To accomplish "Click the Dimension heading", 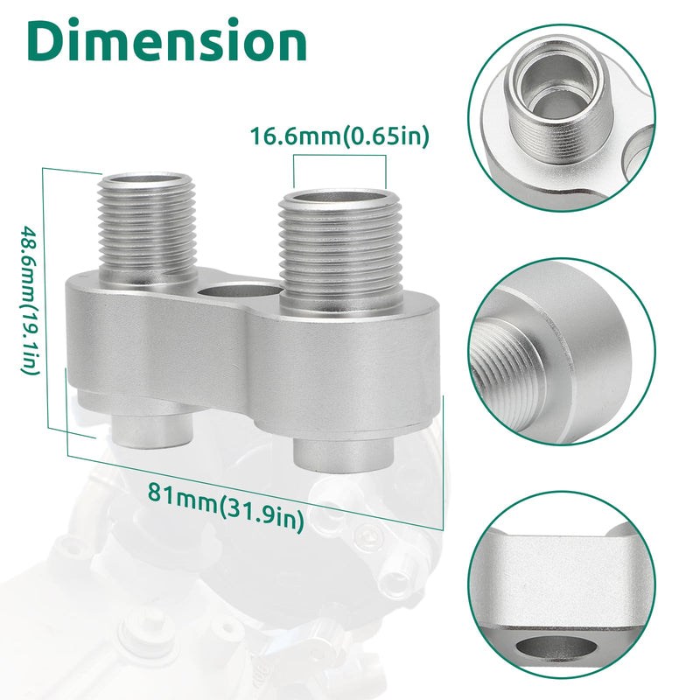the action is click(166, 40).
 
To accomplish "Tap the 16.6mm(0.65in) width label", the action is click(339, 136).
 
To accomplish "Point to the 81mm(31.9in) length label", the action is click(226, 507).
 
